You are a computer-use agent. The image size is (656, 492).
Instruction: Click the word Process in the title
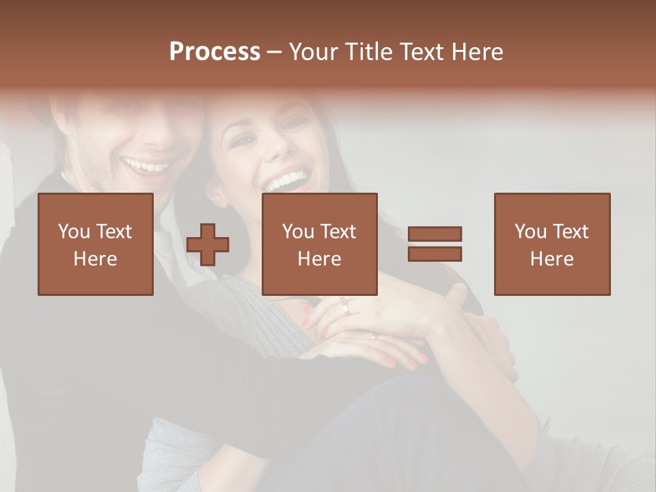215,52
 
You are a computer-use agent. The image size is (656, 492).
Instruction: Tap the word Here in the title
476,52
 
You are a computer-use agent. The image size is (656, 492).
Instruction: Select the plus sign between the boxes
208,244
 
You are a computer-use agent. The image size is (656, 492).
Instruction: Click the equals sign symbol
435,244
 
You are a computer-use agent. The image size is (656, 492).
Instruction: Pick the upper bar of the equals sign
435,234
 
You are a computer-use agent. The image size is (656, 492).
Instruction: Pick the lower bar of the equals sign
435,254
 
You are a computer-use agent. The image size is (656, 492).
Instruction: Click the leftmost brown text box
96,244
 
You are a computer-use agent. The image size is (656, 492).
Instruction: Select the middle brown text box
320,244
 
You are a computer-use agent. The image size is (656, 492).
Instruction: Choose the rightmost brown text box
552,244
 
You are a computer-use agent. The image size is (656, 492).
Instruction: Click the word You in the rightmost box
530,232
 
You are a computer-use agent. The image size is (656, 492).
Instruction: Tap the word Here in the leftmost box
96,258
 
